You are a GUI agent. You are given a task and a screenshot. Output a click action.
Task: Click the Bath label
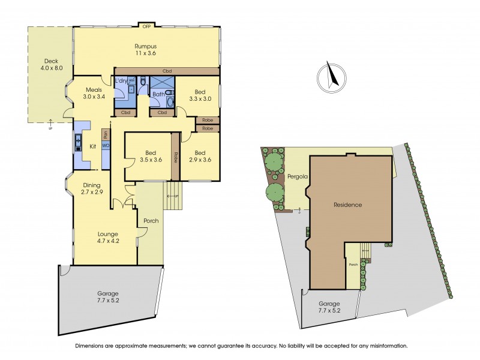158,94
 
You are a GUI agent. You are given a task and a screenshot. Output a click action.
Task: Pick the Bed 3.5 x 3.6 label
146,157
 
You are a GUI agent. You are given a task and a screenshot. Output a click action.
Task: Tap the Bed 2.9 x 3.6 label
200,157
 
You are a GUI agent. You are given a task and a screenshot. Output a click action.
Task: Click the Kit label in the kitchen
93,146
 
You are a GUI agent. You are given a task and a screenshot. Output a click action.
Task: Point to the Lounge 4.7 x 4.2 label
107,238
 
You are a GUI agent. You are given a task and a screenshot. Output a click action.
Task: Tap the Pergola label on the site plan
297,177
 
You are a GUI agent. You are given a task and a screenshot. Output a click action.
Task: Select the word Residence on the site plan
348,205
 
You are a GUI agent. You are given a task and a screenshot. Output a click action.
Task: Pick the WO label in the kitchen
106,145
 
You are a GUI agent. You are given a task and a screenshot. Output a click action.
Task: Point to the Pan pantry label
106,134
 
